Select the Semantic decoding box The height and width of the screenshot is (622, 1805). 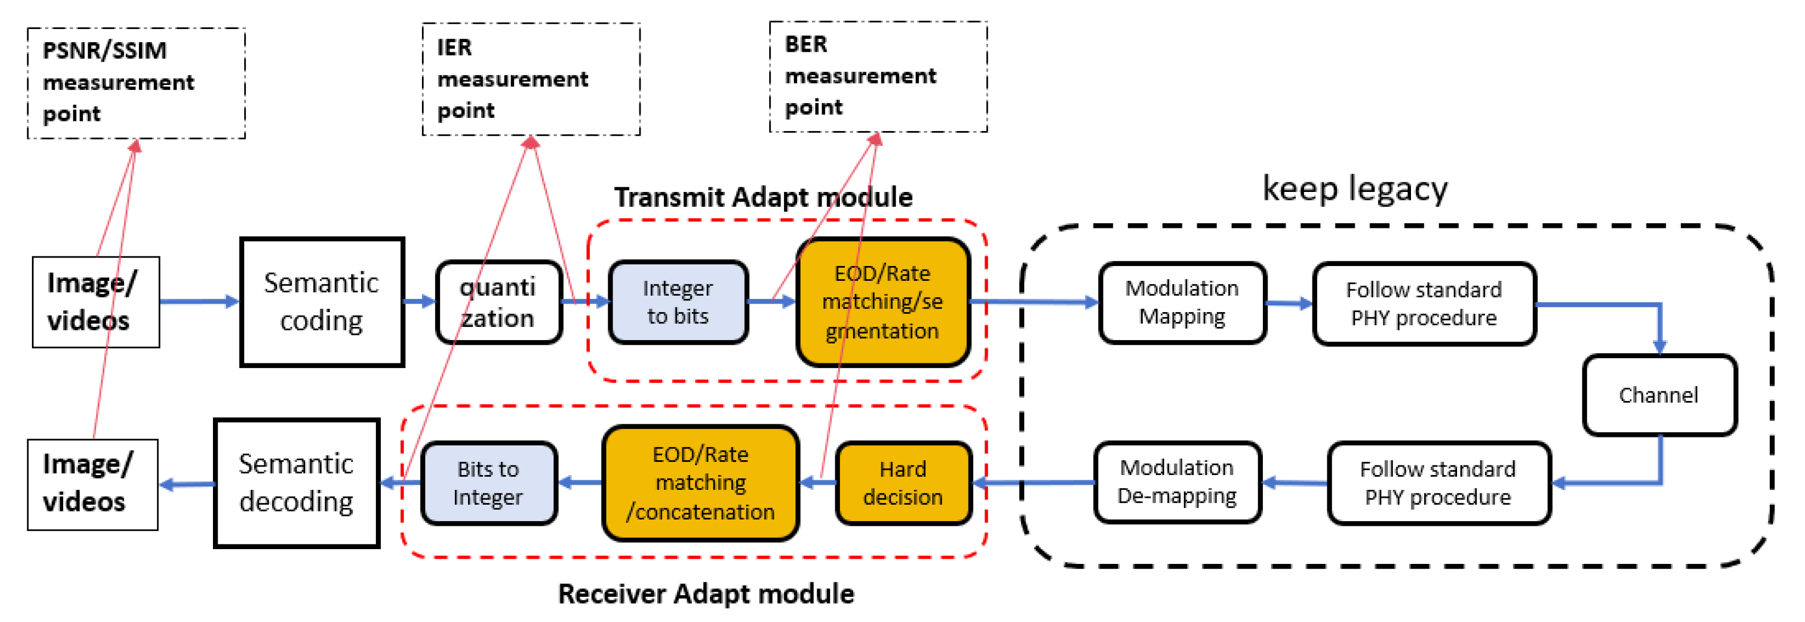pyautogui.click(x=297, y=482)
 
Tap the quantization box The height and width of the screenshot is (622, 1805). pyautogui.click(x=498, y=302)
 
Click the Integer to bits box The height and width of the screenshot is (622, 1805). pyautogui.click(x=678, y=302)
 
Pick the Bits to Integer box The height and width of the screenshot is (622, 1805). pyautogui.click(x=489, y=482)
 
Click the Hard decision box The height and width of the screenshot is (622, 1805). pyautogui.click(x=902, y=482)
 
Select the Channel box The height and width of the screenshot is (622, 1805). pyautogui.click(x=1659, y=395)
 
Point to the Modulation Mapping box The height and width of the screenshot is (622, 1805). pyautogui.click(x=1182, y=302)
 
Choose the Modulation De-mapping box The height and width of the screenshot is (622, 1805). pyautogui.click(x=1176, y=482)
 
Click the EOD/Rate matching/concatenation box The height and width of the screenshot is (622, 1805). pyautogui.click(x=700, y=482)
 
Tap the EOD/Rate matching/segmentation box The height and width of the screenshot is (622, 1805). pyautogui.click(x=882, y=302)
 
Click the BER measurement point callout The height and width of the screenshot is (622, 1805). pyautogui.click(x=877, y=76)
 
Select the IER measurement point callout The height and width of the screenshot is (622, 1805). pyautogui.click(x=531, y=79)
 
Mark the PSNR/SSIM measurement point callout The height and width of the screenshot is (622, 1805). pyautogui.click(x=136, y=83)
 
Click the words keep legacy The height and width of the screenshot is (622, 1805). pyautogui.click(x=1355, y=189)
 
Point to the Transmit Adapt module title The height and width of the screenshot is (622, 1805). pyautogui.click(x=763, y=198)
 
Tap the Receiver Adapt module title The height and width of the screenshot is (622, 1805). pyautogui.click(x=705, y=594)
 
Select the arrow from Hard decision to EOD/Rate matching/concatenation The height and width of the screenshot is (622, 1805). pyautogui.click(x=817, y=482)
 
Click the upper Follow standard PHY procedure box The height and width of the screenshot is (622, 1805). pyautogui.click(x=1424, y=304)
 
